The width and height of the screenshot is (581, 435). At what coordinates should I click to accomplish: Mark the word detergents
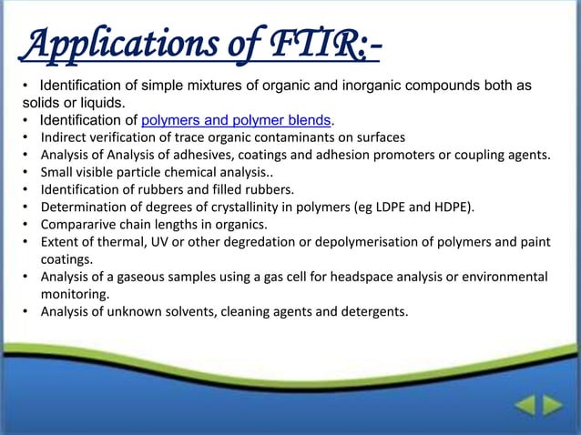[375, 312]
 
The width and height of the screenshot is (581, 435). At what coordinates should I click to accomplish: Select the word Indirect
[65, 137]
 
